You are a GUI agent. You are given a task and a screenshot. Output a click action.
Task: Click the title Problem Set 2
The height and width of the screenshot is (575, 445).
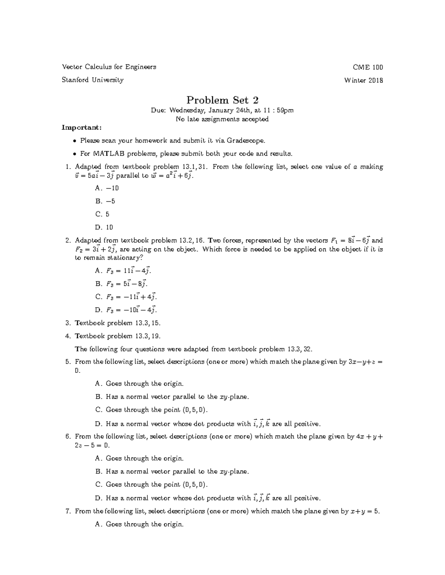[x=222, y=100]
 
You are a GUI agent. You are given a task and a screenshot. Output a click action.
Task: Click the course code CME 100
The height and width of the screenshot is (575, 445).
[x=368, y=67]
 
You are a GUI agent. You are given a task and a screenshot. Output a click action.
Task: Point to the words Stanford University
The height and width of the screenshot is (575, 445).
[x=93, y=80]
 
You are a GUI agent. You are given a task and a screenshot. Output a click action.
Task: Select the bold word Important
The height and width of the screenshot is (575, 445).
[x=81, y=128]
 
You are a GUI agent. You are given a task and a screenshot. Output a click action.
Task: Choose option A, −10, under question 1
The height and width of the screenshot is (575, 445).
[x=107, y=188]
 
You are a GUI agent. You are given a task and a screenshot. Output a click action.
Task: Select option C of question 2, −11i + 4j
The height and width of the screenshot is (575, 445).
[x=126, y=297]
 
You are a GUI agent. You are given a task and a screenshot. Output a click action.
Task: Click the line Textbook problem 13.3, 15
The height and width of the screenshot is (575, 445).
[x=118, y=323]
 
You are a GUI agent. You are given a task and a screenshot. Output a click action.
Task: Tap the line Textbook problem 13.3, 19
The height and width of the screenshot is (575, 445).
[x=118, y=336]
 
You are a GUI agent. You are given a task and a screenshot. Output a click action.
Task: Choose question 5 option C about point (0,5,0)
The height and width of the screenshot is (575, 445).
[x=152, y=410]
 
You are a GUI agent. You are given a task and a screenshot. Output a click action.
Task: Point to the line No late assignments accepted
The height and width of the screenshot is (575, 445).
[x=222, y=119]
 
